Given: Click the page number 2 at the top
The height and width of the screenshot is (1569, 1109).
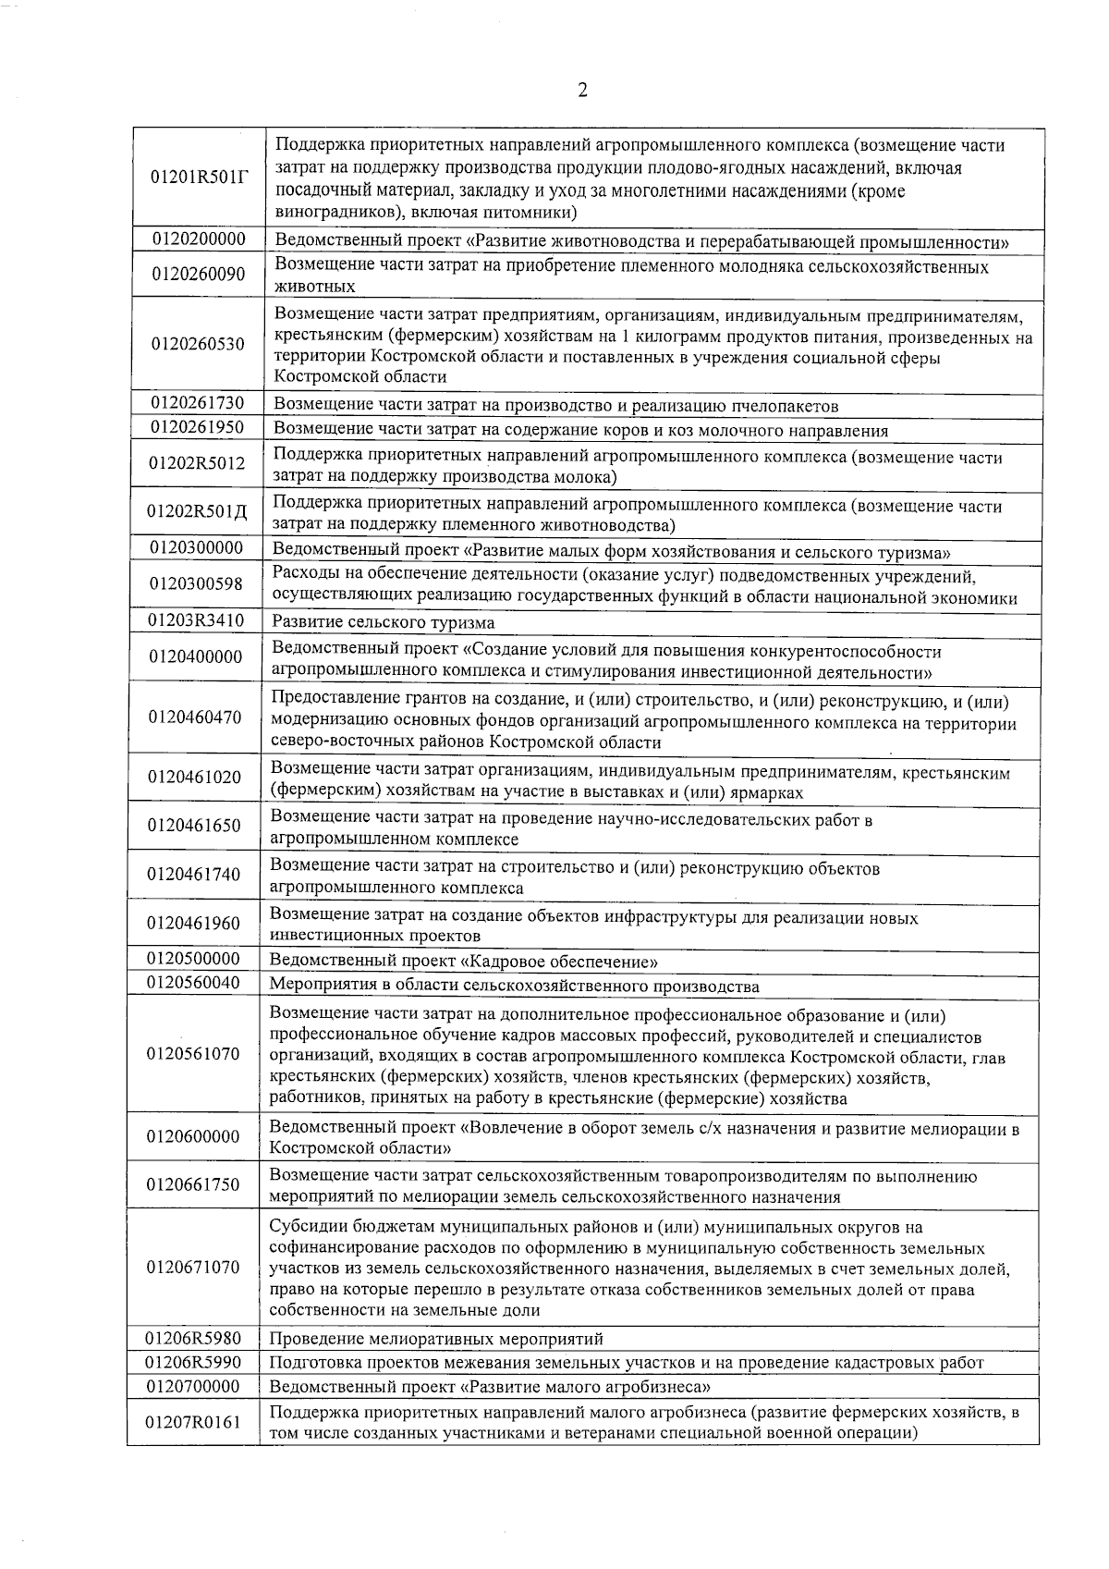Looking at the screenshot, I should [582, 90].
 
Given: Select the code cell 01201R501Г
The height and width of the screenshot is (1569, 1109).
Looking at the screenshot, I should [200, 178].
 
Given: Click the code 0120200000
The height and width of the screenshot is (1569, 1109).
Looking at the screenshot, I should [200, 239].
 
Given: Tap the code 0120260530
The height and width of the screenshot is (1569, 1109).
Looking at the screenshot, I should [200, 344].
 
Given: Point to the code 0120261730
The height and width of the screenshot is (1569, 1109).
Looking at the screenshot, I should [198, 402].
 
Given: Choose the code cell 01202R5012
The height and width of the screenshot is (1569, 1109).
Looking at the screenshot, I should [198, 463].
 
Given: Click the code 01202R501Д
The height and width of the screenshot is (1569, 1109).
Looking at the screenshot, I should [198, 512].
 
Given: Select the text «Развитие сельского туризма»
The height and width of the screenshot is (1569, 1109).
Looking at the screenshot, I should [383, 622].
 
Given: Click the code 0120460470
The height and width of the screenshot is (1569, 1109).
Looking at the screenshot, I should [195, 717].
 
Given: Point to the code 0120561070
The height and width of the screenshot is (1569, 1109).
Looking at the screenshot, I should [193, 1053].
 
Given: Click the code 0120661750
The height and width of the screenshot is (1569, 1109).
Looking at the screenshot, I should [193, 1184].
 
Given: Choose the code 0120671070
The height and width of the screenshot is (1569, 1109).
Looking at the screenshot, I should [193, 1267].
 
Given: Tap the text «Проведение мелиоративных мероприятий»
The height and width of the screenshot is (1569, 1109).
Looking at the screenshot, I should [436, 1339].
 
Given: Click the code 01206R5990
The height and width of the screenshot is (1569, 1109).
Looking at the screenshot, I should [193, 1362].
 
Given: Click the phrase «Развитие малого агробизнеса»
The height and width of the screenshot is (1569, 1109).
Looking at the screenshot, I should [586, 1387].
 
